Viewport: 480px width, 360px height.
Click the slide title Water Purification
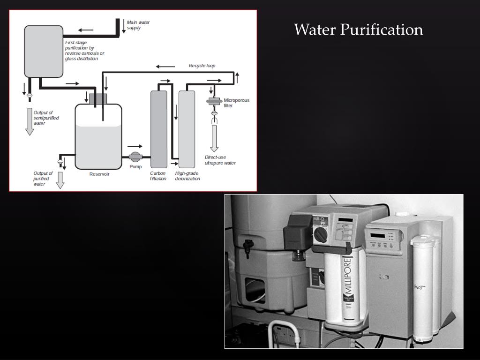(x=359, y=30)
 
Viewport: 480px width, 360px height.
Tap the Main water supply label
(x=138, y=25)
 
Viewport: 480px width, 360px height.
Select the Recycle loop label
(x=202, y=66)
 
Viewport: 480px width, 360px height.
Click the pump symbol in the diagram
(x=135, y=157)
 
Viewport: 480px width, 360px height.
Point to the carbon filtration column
(x=158, y=129)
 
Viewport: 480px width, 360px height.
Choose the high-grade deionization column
(x=187, y=129)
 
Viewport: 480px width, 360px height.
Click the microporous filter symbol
(x=215, y=101)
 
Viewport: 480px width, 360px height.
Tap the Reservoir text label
(x=99, y=174)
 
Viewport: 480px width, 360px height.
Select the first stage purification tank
(x=43, y=52)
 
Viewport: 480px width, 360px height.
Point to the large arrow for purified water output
(x=60, y=180)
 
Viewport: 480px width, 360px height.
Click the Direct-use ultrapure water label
(x=220, y=160)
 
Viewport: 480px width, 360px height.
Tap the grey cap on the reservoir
(x=98, y=99)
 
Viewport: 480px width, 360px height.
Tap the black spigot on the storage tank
(x=248, y=244)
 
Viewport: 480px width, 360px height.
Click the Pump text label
(x=135, y=167)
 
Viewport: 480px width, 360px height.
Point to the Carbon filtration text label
(x=158, y=176)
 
